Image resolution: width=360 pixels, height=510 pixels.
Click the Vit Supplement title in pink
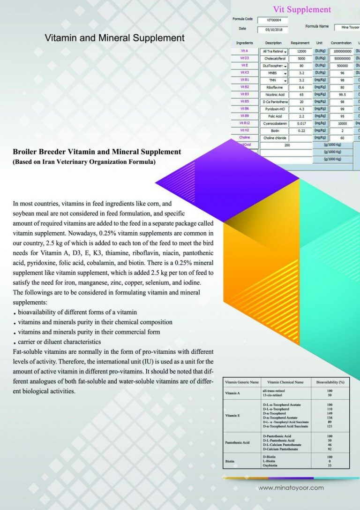(x=302, y=9)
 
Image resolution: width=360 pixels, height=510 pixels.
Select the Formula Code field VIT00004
(x=272, y=20)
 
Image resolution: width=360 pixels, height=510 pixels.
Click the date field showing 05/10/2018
(x=272, y=30)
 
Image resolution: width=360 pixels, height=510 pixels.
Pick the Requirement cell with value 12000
(x=301, y=51)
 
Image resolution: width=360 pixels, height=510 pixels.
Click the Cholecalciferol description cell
(x=274, y=59)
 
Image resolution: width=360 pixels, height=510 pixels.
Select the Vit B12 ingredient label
(x=244, y=123)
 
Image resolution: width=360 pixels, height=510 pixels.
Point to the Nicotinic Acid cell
(x=274, y=94)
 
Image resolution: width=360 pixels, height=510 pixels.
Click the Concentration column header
(x=341, y=43)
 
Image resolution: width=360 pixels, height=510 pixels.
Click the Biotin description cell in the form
(x=274, y=130)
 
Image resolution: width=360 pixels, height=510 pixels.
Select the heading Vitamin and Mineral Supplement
(x=114, y=38)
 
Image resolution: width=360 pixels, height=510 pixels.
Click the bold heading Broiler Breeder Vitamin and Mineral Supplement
(x=97, y=152)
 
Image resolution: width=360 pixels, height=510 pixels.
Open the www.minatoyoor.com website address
(x=291, y=488)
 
